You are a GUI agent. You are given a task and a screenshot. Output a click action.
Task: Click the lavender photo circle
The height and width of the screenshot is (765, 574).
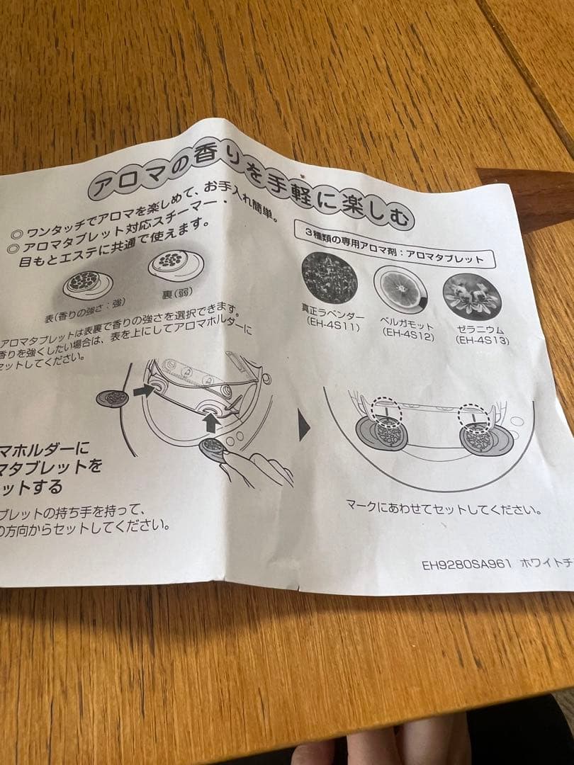click(x=330, y=278)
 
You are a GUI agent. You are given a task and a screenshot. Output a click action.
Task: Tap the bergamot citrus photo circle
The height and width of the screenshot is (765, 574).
click(x=401, y=289)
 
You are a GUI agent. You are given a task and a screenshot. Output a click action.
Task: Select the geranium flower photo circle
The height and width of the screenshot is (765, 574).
click(x=472, y=296)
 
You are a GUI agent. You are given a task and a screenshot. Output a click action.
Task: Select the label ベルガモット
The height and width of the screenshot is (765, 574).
click(x=407, y=322)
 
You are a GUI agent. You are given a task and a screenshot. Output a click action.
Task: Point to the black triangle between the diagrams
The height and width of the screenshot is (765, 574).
click(x=304, y=427)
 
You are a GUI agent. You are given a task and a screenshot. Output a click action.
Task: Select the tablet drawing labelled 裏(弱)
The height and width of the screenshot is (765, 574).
click(x=176, y=265)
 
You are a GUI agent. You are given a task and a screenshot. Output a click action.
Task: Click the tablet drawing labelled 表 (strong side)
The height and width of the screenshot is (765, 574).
click(x=88, y=283)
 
